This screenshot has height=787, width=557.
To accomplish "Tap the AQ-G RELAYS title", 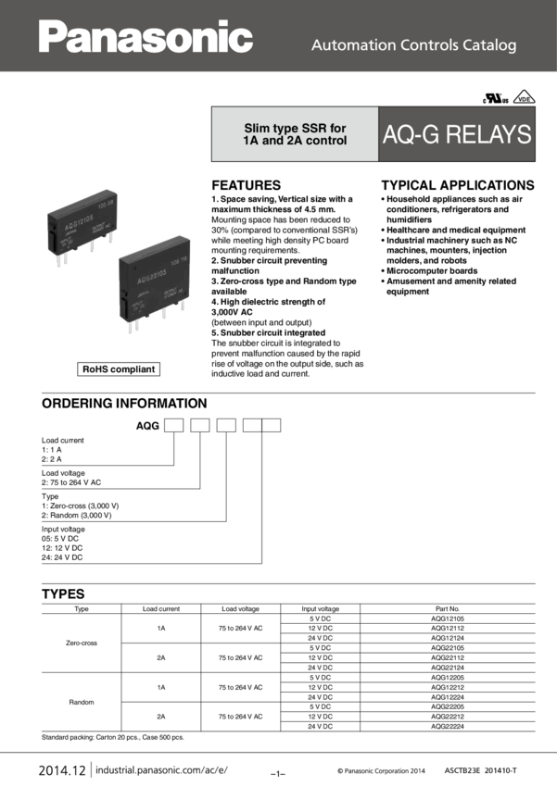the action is [457, 134].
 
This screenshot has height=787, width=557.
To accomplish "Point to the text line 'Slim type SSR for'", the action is [295, 128].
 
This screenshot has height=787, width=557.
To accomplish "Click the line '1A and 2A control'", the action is [295, 141].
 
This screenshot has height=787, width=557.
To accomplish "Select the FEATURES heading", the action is [246, 184].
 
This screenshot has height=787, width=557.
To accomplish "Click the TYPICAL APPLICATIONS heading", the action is [457, 184].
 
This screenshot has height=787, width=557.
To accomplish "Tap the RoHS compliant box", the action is [119, 369].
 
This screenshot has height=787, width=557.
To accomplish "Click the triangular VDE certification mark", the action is [525, 96].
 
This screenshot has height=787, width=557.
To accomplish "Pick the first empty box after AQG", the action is [175, 426].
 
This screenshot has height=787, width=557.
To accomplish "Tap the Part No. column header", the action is [448, 608].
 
